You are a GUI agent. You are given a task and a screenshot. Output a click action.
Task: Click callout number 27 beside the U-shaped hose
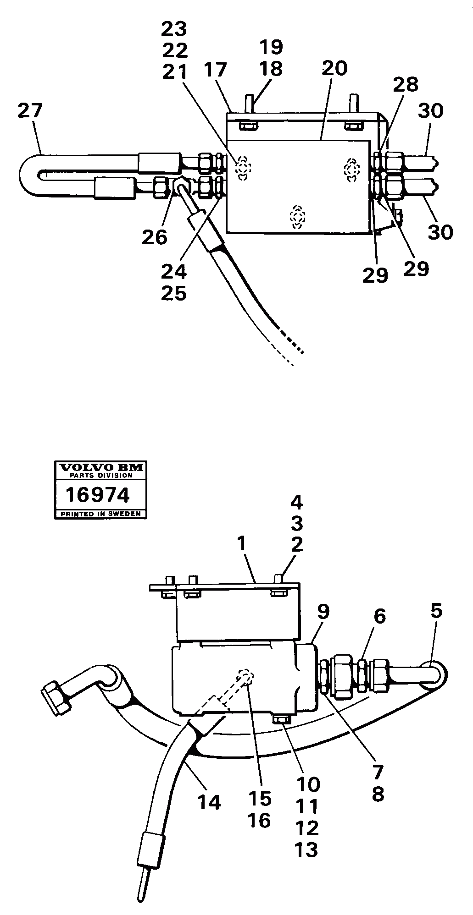point(30,111)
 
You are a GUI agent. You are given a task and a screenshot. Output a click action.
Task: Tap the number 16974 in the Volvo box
point(97,495)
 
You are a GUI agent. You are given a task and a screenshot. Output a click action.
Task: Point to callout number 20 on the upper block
point(334,68)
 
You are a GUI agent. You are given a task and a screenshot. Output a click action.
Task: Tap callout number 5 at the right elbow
point(436,611)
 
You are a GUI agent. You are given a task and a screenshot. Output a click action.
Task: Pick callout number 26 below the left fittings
point(155,237)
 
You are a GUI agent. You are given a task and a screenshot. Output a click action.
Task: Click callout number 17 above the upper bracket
point(216,70)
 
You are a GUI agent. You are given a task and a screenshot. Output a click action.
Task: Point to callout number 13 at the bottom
point(307,850)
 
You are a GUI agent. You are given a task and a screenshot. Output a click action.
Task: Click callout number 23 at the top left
point(174,29)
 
